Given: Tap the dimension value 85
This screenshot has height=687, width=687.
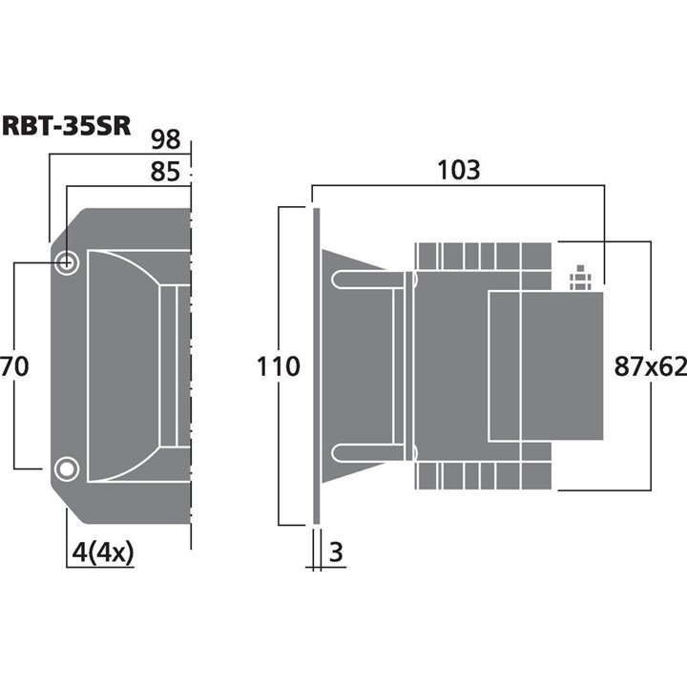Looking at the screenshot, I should coord(165,173).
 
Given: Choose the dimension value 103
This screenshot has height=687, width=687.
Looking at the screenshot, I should coord(457,171).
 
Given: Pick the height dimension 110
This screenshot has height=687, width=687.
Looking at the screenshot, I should coord(279,365).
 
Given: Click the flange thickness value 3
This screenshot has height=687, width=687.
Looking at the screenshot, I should coord(335,551).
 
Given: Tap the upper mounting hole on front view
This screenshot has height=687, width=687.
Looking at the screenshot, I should coord(67,263).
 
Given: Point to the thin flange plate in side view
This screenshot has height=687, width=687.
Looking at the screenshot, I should coord(314,365).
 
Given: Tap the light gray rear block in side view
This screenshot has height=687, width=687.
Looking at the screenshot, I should coord(546,365).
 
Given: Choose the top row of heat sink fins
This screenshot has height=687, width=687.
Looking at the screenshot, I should coord(483,256).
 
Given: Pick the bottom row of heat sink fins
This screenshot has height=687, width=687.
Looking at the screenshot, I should coord(483,476).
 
